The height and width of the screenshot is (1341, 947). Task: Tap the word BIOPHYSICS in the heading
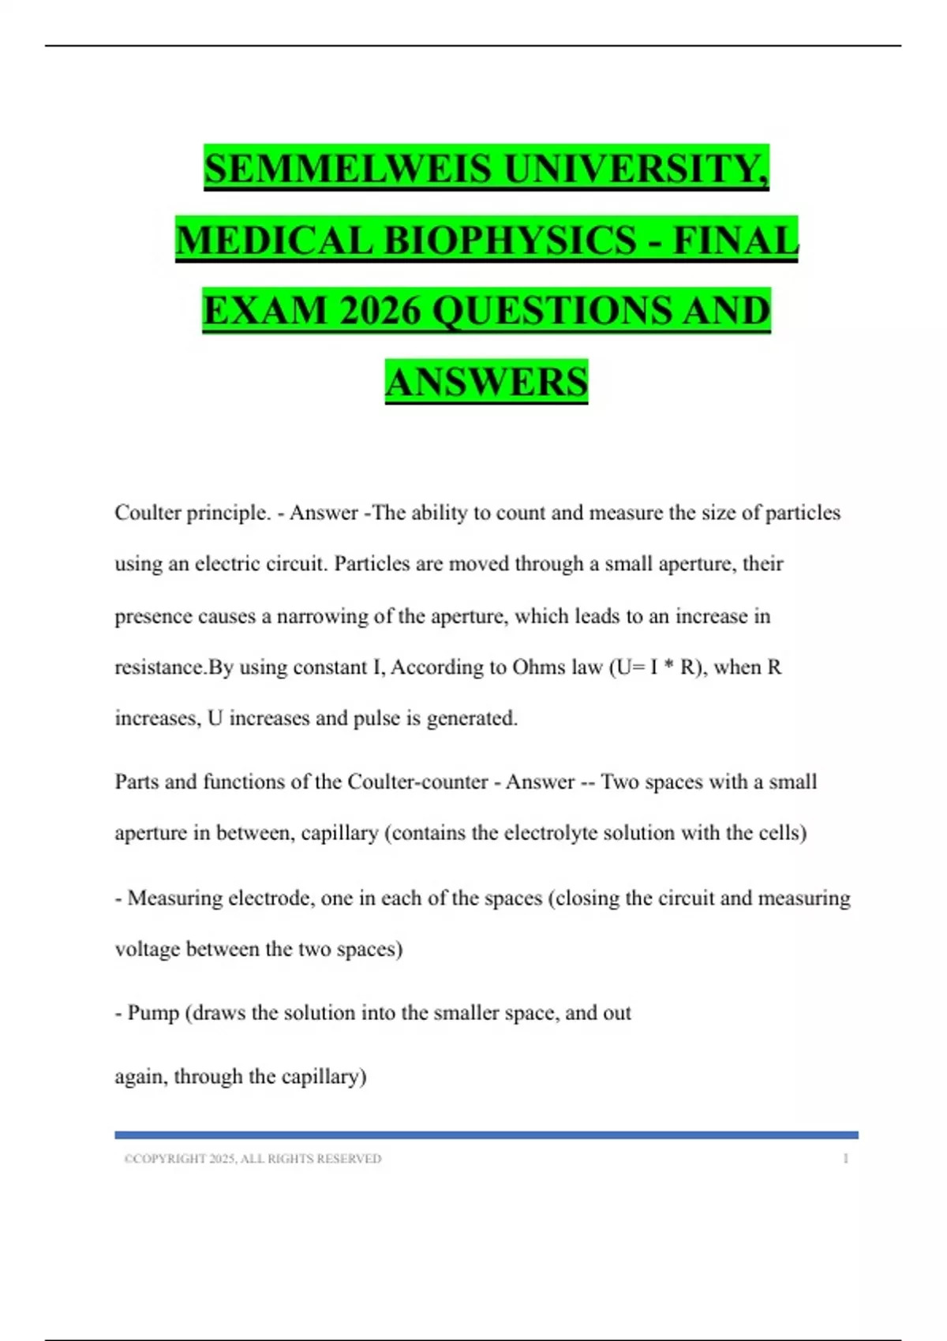click(510, 240)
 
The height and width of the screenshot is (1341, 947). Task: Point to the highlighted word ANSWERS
click(486, 382)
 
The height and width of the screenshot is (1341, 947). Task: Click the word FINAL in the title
click(735, 240)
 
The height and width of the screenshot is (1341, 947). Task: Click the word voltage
click(148, 949)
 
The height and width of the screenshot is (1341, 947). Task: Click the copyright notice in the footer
click(253, 1159)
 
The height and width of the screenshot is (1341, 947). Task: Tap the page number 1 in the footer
click(845, 1159)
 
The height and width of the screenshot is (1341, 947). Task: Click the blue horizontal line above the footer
click(486, 1135)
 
